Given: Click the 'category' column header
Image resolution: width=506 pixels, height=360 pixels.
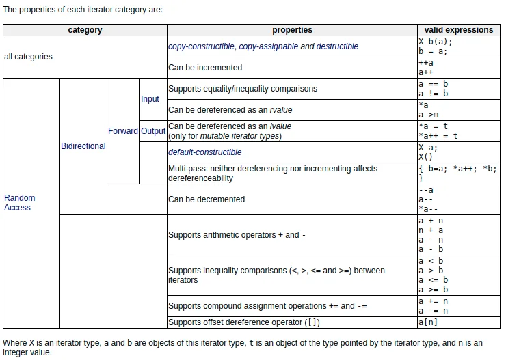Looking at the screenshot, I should coord(85,30).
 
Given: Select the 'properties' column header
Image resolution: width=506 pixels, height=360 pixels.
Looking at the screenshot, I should coord(292,30).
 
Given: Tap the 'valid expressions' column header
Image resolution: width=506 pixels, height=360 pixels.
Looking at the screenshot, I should coord(458,30).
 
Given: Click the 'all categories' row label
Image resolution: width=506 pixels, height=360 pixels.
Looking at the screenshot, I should coord(28,57).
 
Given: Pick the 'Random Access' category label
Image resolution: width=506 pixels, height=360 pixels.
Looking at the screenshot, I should coord(19,202).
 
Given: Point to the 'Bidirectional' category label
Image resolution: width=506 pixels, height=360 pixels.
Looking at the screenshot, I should coord(83,146).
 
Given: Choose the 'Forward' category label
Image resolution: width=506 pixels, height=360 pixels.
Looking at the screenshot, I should coord(123,131).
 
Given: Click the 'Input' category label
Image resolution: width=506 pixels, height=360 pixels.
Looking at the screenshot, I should coord(150,99).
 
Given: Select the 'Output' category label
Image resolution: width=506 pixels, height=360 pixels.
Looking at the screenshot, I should coord(153,131).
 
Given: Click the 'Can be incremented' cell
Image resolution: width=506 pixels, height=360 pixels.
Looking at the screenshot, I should coord(205,68).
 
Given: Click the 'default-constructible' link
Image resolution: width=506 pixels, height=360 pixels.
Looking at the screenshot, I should coord(205,152).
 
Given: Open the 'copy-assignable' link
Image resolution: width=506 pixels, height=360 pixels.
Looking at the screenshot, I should coord(268,46).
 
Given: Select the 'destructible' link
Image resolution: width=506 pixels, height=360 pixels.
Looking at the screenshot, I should coord(337,46).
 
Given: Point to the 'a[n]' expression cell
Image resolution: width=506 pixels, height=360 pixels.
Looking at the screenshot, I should coord(429,322).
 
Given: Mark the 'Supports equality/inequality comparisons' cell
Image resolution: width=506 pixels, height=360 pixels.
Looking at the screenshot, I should coord(243,89).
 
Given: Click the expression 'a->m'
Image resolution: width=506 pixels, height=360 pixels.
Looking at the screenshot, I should coord(429,115).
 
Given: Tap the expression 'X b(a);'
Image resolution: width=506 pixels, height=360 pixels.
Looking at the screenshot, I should coord(436,42).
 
